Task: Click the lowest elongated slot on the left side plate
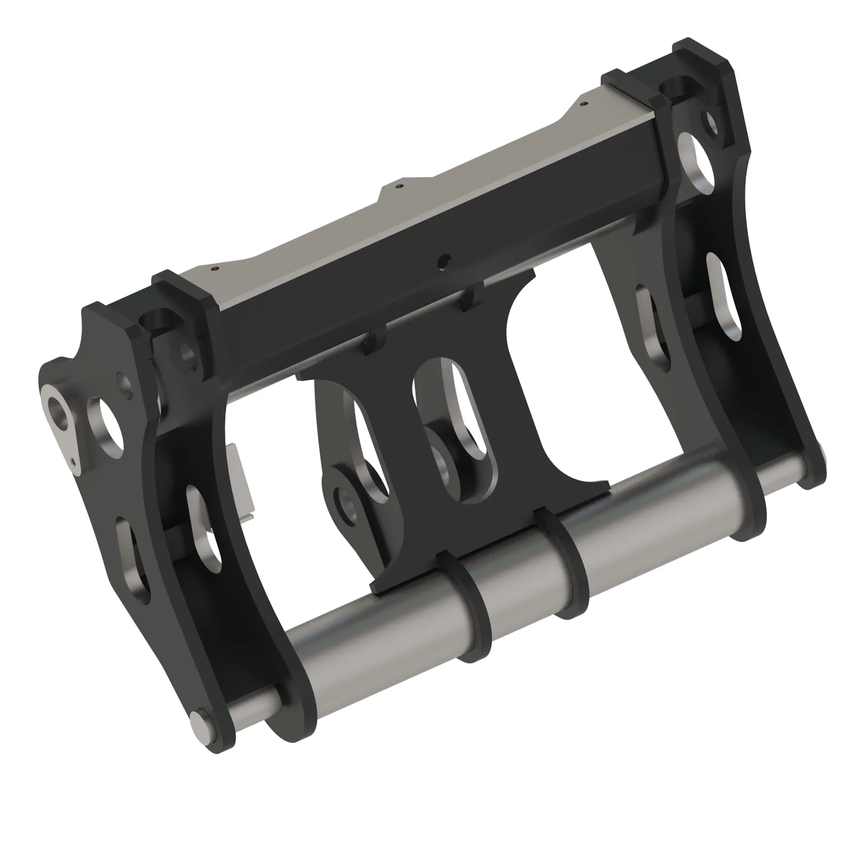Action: point(132,561)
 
